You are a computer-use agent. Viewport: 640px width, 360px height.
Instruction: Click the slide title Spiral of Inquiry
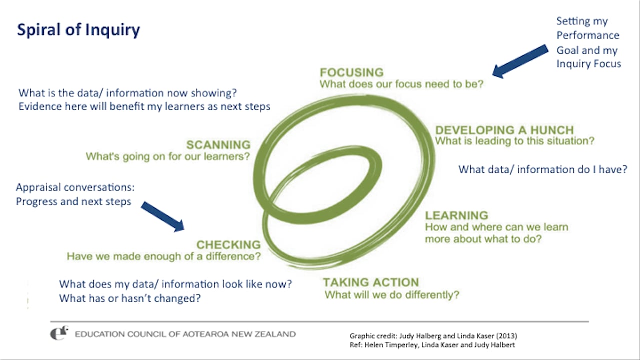(x=78, y=30)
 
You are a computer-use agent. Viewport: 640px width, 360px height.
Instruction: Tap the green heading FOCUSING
(x=352, y=72)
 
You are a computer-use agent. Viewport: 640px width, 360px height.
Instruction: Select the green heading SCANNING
(x=218, y=145)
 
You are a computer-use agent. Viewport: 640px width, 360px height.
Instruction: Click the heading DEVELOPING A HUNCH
(x=504, y=130)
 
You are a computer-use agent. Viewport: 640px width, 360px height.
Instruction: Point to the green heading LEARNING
(x=456, y=215)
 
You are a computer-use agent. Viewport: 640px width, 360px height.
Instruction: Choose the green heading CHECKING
(x=228, y=245)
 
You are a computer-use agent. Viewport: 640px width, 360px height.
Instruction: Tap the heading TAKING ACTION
(x=371, y=282)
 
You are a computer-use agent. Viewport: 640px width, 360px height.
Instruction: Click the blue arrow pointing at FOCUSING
(x=520, y=61)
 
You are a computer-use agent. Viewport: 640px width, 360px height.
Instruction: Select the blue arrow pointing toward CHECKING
(x=163, y=216)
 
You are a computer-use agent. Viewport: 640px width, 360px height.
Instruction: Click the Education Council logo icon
(x=60, y=333)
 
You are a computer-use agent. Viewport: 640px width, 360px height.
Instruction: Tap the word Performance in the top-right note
(x=588, y=36)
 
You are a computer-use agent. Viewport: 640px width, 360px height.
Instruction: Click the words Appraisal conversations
(x=75, y=188)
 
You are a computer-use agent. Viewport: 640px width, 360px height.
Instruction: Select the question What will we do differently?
(x=392, y=295)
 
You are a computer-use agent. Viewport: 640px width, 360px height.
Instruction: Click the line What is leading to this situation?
(x=515, y=141)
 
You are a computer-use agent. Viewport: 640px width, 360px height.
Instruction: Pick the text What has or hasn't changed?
(x=130, y=299)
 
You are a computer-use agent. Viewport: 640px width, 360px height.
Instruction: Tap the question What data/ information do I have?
(x=543, y=170)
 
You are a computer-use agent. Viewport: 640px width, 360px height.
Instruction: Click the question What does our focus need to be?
(x=402, y=84)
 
